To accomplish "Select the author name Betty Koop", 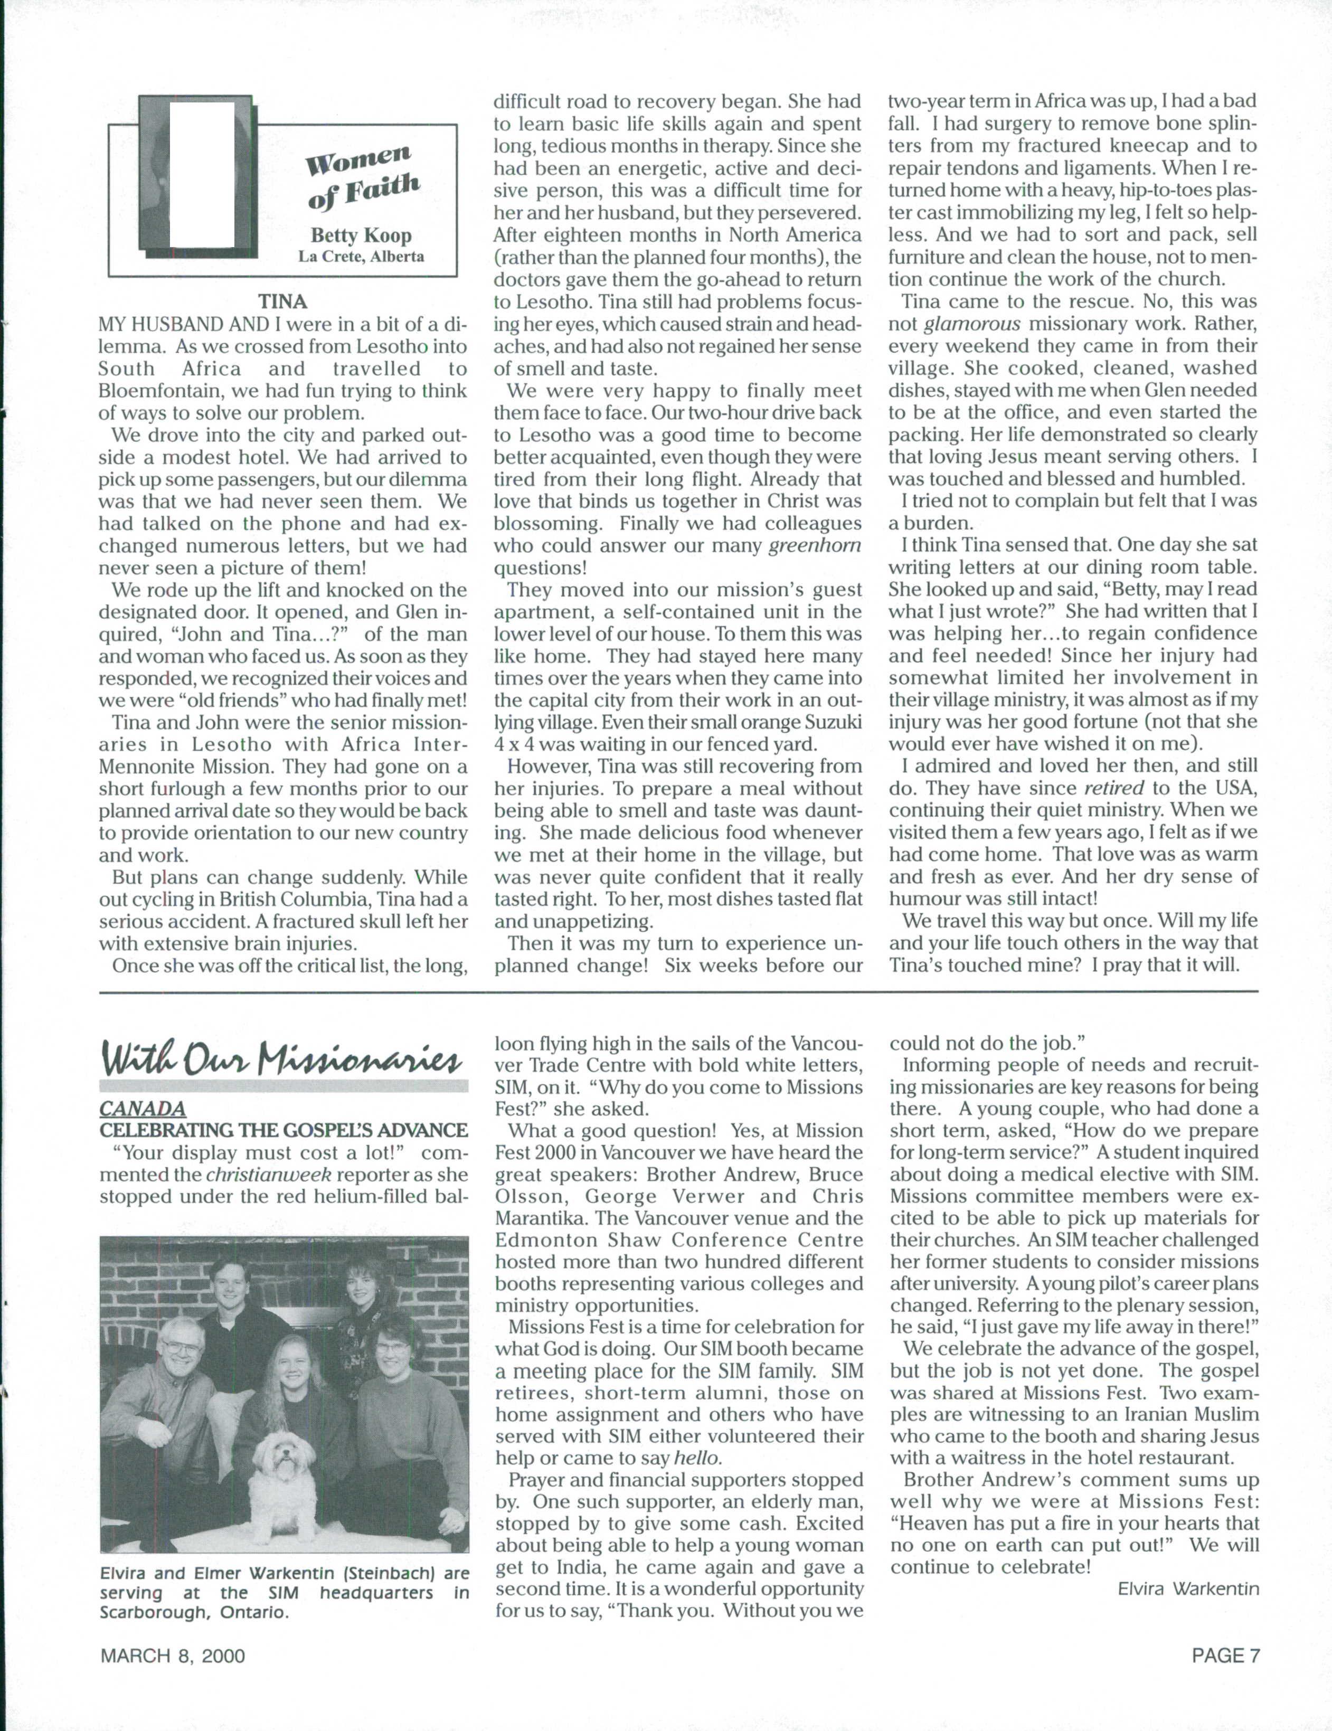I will pyautogui.click(x=361, y=236).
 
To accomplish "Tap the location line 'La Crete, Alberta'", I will pyautogui.click(x=361, y=256).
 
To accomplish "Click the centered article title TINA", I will pyautogui.click(x=282, y=301).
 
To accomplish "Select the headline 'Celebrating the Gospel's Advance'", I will pyautogui.click(x=283, y=1130).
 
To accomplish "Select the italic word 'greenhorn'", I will pyautogui.click(x=815, y=545).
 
